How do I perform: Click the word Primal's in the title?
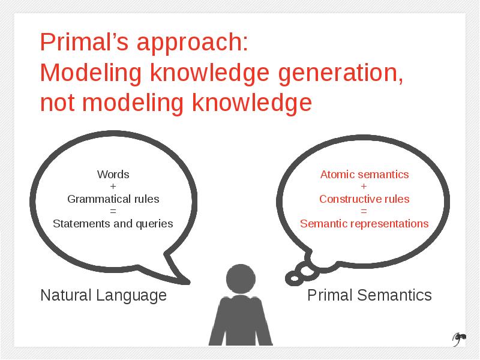[84, 41]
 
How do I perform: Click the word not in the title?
[58, 103]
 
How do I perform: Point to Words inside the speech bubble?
[113, 175]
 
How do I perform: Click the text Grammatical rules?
[113, 199]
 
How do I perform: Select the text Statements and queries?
[113, 224]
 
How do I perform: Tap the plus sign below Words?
[113, 187]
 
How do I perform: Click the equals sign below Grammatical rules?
[113, 211]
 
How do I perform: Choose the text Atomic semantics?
[364, 175]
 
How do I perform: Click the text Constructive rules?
[364, 199]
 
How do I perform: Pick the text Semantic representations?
[364, 224]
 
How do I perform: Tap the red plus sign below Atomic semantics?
[364, 187]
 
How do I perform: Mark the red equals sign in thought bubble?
[364, 211]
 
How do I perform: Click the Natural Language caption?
[103, 296]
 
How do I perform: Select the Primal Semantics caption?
[370, 295]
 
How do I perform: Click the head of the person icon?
[241, 279]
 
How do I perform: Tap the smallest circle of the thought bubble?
[295, 278]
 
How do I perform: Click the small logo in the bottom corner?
[459, 339]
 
